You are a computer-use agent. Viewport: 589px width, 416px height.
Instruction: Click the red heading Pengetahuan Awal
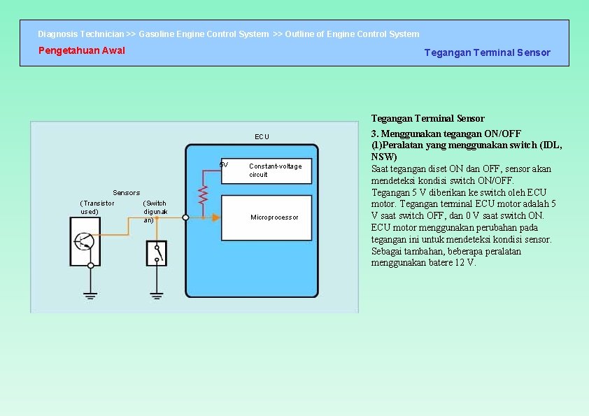pos(81,50)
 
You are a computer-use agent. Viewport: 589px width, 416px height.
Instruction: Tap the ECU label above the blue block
pos(262,136)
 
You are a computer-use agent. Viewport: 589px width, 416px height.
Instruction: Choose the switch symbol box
pos(157,252)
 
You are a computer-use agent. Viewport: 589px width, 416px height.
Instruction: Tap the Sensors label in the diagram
pos(127,192)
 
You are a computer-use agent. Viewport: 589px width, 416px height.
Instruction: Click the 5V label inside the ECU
pos(223,165)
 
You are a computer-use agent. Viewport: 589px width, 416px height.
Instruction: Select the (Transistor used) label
pos(97,207)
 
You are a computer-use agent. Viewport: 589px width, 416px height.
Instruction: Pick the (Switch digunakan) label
pos(155,211)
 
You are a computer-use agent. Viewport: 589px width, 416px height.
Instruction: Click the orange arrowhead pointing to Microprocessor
pos(216,217)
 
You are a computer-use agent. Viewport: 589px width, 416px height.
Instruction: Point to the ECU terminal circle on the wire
pos(185,217)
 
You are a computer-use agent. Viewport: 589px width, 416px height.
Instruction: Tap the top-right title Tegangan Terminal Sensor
pos(487,52)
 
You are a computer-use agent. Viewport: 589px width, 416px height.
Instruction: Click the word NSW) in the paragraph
pos(383,157)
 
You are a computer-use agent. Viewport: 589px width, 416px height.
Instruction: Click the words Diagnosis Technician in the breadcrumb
pos(80,34)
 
